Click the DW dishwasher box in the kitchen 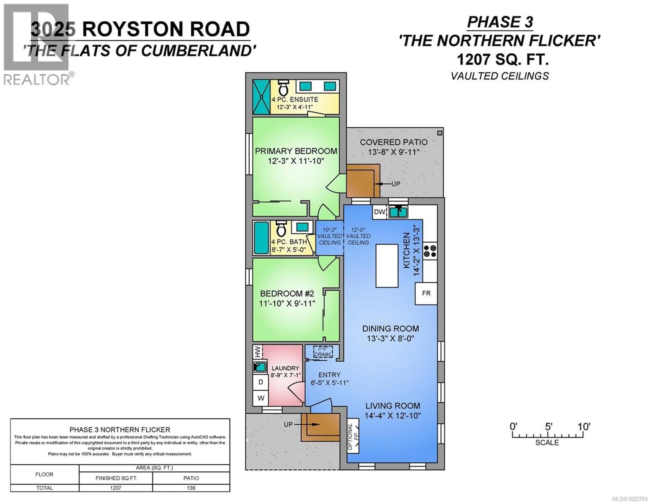(x=380, y=212)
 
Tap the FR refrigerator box (x=426, y=293)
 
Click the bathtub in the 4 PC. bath (x=261, y=238)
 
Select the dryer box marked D (x=261, y=382)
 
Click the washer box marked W (x=261, y=398)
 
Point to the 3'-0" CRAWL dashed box (x=323, y=352)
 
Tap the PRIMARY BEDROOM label (x=296, y=151)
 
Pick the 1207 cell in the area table (x=116, y=488)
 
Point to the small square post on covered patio (x=440, y=133)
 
